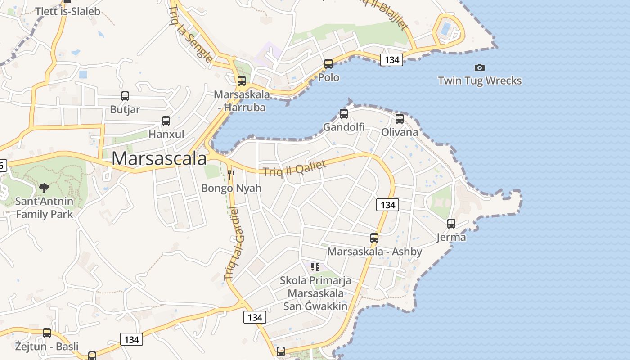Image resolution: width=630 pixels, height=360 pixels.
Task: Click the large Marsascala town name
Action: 159,158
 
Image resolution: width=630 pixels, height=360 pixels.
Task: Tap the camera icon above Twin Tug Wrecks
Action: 480,67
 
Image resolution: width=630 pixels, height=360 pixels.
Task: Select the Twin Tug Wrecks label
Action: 480,81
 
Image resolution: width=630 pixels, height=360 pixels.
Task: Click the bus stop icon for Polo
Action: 328,64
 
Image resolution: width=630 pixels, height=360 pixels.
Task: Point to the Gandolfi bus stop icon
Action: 344,113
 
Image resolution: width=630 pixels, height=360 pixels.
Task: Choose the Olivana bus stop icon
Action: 400,119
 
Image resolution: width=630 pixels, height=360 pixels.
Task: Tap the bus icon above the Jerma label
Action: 451,223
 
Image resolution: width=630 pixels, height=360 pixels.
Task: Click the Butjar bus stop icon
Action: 125,96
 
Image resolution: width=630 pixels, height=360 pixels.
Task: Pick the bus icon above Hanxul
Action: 166,121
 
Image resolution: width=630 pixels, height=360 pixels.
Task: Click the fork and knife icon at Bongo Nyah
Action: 231,175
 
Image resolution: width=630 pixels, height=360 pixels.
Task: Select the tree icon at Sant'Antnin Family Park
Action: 44,188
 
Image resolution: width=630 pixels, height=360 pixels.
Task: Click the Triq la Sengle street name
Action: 191,33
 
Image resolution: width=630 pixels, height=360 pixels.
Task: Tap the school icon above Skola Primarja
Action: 315,267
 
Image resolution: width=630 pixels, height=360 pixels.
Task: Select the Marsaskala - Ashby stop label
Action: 374,252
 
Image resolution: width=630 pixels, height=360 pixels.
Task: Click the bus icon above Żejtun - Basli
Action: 47,333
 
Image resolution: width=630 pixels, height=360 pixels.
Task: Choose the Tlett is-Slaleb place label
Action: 67,11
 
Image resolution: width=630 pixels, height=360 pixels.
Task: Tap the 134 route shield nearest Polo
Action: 391,59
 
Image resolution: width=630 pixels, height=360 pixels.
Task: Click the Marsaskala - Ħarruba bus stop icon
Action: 242,81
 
